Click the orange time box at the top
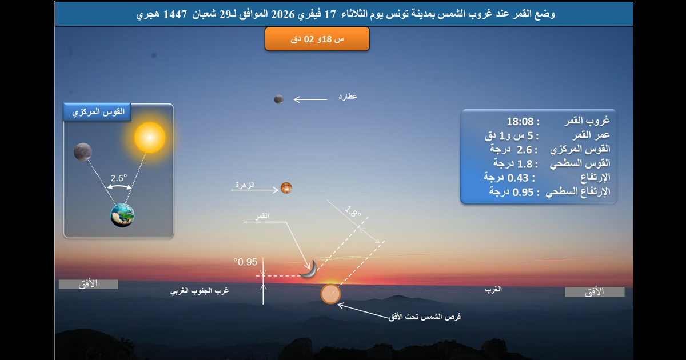[317, 39]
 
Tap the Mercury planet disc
[279, 99]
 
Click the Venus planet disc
[286, 188]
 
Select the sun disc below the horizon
[330, 294]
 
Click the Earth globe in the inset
[122, 215]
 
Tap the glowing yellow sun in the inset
[150, 138]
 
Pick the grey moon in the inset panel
[83, 152]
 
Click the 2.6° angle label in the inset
[119, 178]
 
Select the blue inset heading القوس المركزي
[97, 112]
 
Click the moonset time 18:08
[520, 122]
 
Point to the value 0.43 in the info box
[518, 178]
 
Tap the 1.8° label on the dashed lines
[353, 211]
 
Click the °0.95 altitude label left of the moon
[245, 262]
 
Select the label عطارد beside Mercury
[348, 97]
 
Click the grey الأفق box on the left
[89, 284]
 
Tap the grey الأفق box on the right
[595, 292]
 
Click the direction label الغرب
[493, 289]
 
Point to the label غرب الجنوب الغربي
[200, 290]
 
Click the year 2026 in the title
[282, 14]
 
